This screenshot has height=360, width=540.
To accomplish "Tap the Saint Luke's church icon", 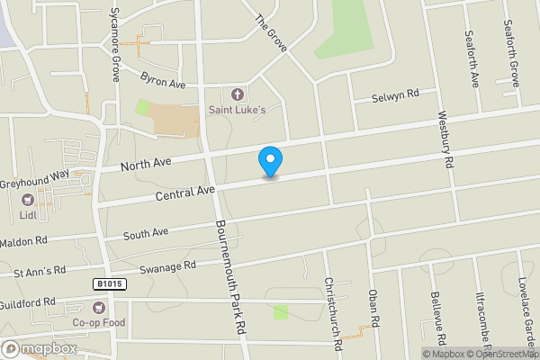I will point(238,94).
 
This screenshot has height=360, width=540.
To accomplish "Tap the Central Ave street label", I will point(184,192).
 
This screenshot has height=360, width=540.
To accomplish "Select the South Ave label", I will point(146,234).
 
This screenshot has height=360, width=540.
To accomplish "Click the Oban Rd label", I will point(373,307).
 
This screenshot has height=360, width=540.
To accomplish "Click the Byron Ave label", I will point(164,83).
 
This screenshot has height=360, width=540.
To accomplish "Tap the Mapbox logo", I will point(39,348).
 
